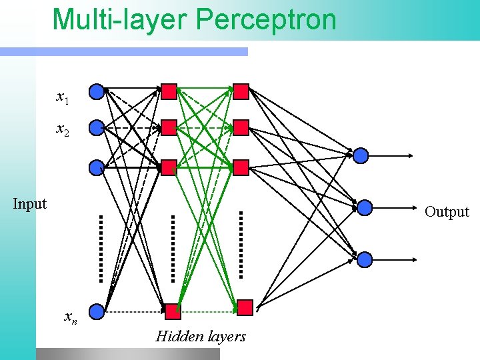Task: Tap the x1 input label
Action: (x=63, y=99)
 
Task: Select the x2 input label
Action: (x=63, y=129)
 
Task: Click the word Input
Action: (x=30, y=204)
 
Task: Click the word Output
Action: (x=447, y=212)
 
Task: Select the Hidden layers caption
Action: (x=201, y=337)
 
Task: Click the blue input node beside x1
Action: (x=97, y=91)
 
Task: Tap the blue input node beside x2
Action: (x=97, y=127)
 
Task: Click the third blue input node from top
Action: (x=97, y=167)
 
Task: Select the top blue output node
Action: (x=361, y=156)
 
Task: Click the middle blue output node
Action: (x=364, y=208)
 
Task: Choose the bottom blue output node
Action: (x=363, y=259)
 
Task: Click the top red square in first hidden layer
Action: (x=169, y=91)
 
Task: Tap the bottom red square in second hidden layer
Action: (x=245, y=307)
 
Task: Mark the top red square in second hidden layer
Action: (x=241, y=91)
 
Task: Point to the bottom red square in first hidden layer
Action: (x=173, y=311)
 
